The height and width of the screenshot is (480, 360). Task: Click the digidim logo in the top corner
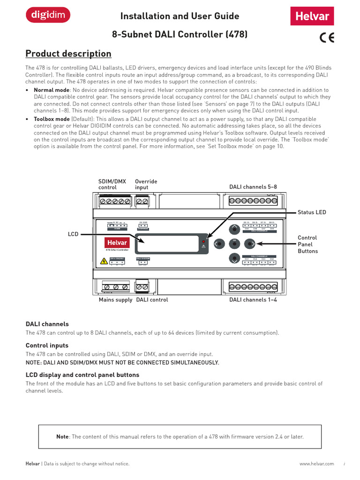point(48,16)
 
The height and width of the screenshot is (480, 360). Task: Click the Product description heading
point(68,53)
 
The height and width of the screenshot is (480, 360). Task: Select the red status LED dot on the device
point(203,241)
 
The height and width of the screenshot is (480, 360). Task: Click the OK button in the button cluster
point(234,243)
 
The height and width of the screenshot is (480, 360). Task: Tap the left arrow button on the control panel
point(217,244)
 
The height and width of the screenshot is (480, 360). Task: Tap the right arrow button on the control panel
point(251,244)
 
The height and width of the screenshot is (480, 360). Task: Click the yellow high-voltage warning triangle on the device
point(104,261)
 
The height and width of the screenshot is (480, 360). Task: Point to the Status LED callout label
point(312,212)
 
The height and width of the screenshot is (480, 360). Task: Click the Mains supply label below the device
point(115,300)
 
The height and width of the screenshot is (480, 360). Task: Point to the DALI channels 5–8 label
point(253,187)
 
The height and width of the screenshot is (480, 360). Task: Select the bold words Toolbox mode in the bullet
point(52,119)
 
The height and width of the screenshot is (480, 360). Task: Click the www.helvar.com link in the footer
point(316,464)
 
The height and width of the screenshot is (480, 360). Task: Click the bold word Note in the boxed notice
point(62,436)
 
